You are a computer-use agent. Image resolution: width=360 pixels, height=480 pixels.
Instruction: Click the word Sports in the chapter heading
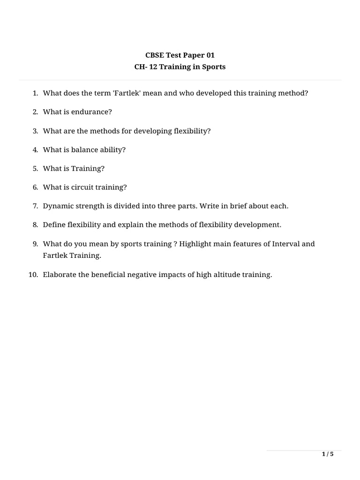(214, 67)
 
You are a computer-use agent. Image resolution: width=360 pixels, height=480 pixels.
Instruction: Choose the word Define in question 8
(54, 225)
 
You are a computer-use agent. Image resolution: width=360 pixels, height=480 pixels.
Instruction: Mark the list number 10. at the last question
(33, 275)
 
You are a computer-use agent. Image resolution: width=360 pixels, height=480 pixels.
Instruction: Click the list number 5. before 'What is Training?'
(35, 168)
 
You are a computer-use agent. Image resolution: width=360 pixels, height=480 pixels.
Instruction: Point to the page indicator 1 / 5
(327, 454)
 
